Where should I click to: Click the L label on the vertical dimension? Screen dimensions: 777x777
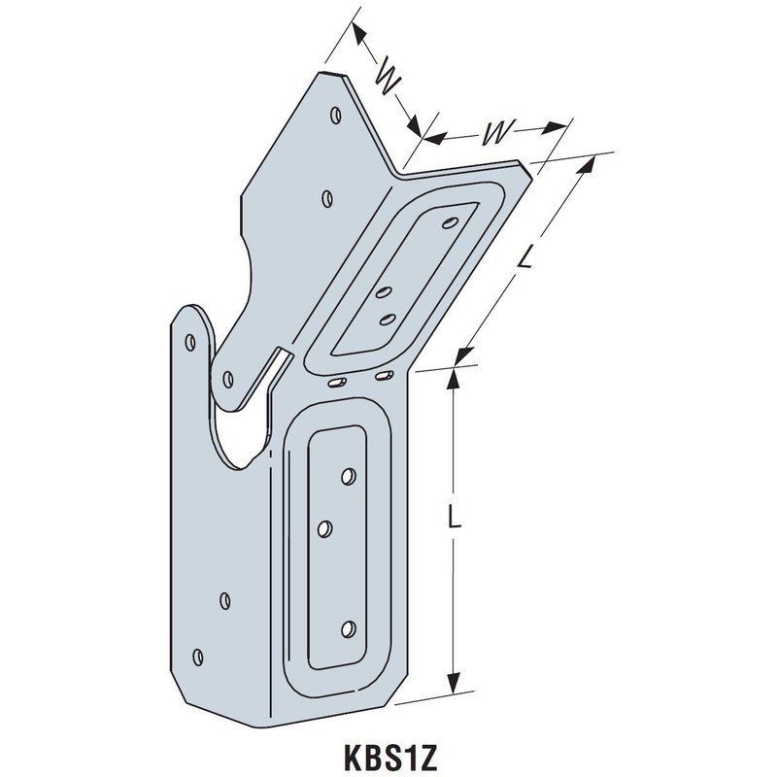pyautogui.click(x=454, y=521)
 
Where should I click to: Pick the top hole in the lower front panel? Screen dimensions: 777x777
pyautogui.click(x=347, y=477)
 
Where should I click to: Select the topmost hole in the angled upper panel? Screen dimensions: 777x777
pyautogui.click(x=449, y=222)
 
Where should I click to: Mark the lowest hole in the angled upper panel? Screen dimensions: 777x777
pyautogui.click(x=386, y=318)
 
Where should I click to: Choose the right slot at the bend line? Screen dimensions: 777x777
pyautogui.click(x=384, y=374)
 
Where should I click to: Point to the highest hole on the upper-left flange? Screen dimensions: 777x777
pyautogui.click(x=334, y=115)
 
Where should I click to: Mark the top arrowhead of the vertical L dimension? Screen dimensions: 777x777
pyautogui.click(x=452, y=375)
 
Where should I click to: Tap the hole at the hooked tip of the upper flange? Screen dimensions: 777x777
pyautogui.click(x=229, y=377)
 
